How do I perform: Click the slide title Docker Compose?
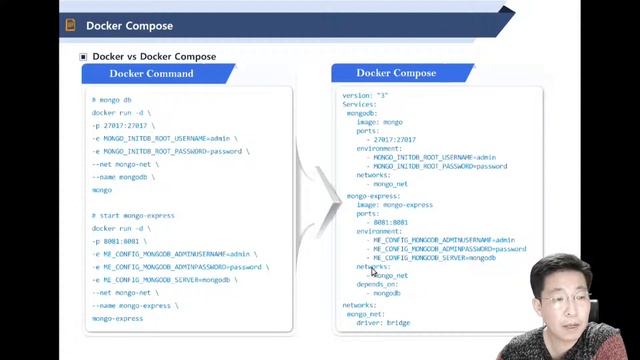click(x=129, y=25)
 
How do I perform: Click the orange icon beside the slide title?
click(x=71, y=25)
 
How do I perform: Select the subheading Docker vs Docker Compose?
click(x=154, y=57)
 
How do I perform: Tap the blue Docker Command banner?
click(x=151, y=73)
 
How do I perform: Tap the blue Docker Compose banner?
click(x=396, y=73)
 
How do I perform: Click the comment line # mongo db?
click(x=111, y=101)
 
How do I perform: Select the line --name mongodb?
click(x=123, y=177)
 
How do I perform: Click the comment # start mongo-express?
click(x=133, y=215)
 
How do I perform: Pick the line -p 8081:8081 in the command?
click(x=119, y=241)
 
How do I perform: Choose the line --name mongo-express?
click(x=134, y=305)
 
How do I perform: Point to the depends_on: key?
click(x=377, y=284)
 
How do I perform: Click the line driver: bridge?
click(x=383, y=323)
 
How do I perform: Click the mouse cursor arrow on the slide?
click(x=373, y=269)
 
